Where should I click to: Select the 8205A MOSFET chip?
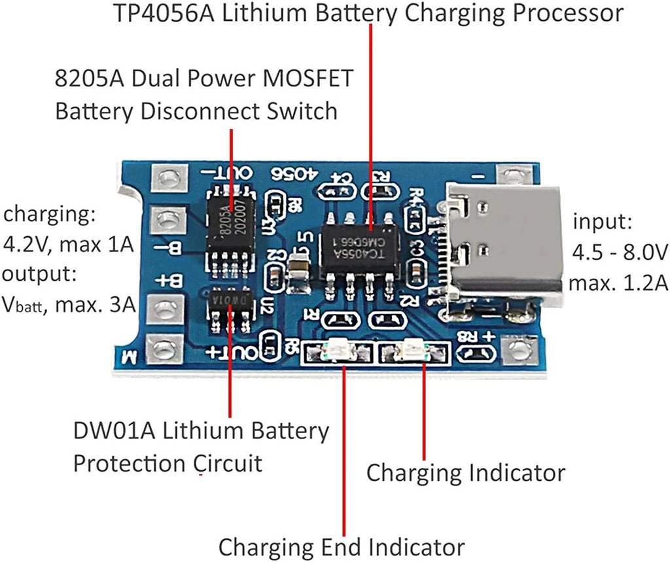pos(230,226)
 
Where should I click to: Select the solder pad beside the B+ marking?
pos(168,306)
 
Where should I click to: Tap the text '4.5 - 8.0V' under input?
pos(619,252)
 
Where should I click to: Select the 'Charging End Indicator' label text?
pos(341,546)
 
